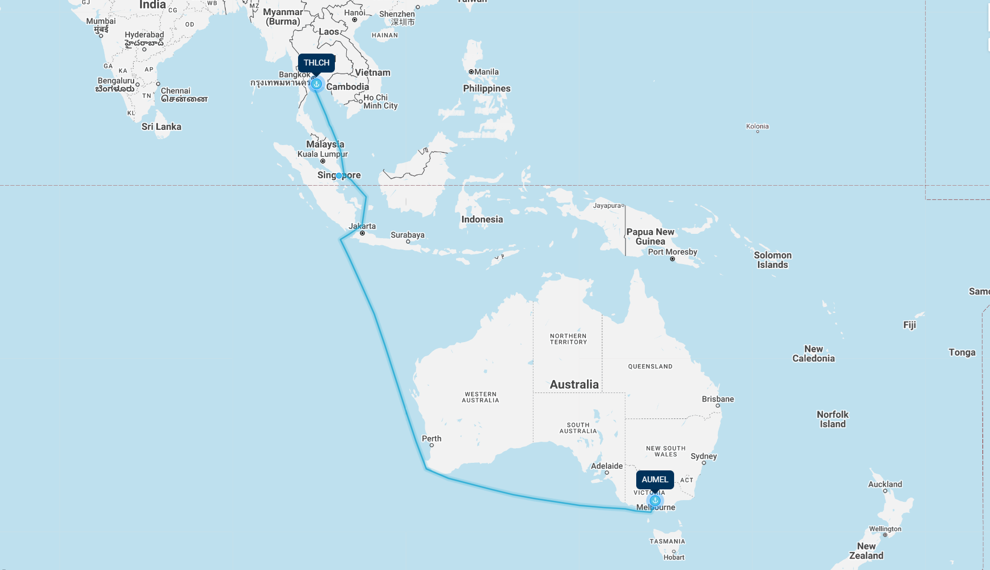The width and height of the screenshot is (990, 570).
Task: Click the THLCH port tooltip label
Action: point(316,63)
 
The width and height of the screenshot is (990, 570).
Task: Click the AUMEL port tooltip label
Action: point(655,480)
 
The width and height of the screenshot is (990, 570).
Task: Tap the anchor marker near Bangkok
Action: point(316,84)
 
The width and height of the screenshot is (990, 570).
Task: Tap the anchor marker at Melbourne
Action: point(655,500)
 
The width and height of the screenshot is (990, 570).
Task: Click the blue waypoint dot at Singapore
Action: point(339,175)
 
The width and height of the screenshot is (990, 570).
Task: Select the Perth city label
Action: point(431,438)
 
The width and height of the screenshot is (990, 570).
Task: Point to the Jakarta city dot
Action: point(362,233)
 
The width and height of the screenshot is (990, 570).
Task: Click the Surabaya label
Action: point(407,235)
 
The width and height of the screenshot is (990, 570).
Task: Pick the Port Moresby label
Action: point(672,252)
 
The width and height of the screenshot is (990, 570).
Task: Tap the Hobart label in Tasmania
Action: point(674,557)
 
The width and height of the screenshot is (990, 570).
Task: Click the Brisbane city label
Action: point(717,399)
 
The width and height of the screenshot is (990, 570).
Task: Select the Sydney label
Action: point(703,456)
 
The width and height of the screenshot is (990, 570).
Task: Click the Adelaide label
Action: point(606,466)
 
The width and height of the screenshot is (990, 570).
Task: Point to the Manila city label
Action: point(486,72)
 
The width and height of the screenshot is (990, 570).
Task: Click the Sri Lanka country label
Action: point(161,127)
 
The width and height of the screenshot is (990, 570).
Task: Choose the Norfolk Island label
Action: point(832,419)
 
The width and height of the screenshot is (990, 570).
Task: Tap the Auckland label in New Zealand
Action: point(885,484)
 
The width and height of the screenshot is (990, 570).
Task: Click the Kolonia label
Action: point(757,126)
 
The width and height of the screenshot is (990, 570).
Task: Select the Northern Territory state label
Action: point(568,339)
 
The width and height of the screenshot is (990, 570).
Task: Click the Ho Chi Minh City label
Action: point(380,102)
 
